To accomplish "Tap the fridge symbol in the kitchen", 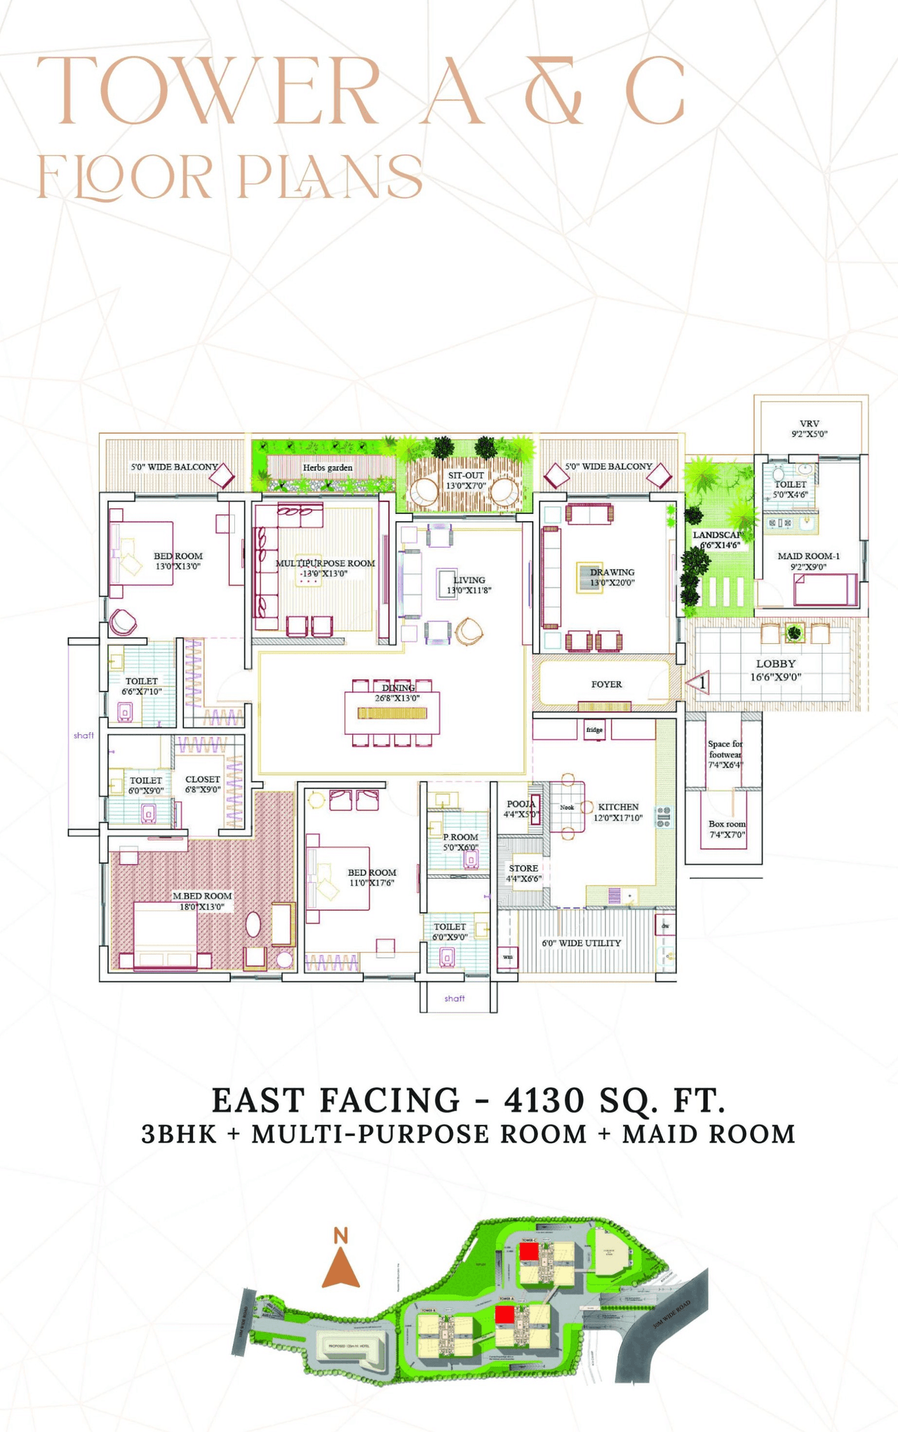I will (x=594, y=730).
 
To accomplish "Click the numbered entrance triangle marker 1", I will (x=699, y=682).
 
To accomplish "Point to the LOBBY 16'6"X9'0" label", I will (x=775, y=670).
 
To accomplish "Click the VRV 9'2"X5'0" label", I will (x=809, y=428).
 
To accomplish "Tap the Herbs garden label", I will (x=328, y=468).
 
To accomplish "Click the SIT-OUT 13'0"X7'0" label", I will (x=466, y=480).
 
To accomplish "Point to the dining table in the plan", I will (x=392, y=713).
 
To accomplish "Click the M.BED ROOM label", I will (x=202, y=901).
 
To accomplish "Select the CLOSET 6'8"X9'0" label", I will (x=203, y=784).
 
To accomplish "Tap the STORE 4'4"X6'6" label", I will (x=523, y=873).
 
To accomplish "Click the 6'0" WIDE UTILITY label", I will (x=581, y=943).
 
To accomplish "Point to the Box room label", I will (x=727, y=829).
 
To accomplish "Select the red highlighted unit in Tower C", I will (x=528, y=1251).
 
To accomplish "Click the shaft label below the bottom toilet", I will (x=455, y=998).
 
